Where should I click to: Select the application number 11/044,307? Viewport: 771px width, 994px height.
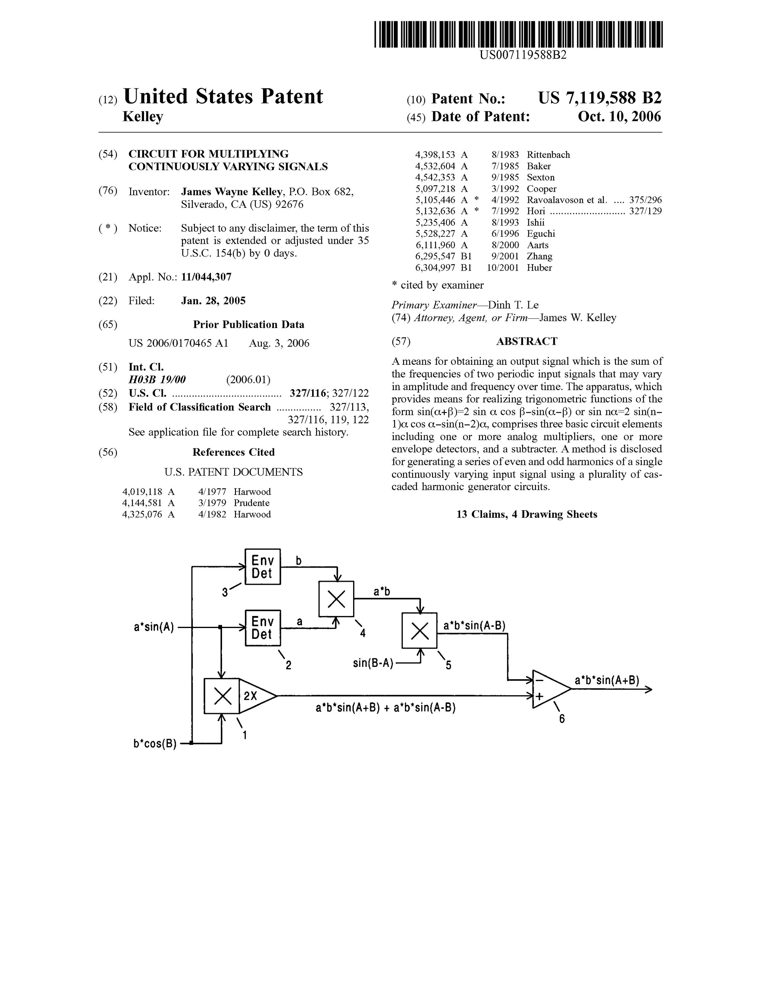[x=206, y=277]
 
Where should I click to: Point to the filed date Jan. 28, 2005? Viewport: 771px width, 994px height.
[x=213, y=300]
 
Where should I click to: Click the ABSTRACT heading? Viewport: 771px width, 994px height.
[x=526, y=341]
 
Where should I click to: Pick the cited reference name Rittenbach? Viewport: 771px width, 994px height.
[x=548, y=155]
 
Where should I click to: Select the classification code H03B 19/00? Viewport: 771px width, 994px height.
[x=157, y=380]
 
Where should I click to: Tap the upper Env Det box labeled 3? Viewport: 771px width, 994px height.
[x=263, y=567]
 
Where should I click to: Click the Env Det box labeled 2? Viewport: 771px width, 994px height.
[x=263, y=628]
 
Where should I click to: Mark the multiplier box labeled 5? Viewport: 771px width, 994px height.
[x=419, y=630]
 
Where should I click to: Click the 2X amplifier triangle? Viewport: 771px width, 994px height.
[x=255, y=696]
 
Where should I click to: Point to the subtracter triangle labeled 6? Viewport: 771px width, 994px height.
[x=548, y=689]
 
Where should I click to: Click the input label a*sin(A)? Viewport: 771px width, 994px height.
[x=154, y=627]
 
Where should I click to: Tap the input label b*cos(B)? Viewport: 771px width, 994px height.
[x=155, y=744]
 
